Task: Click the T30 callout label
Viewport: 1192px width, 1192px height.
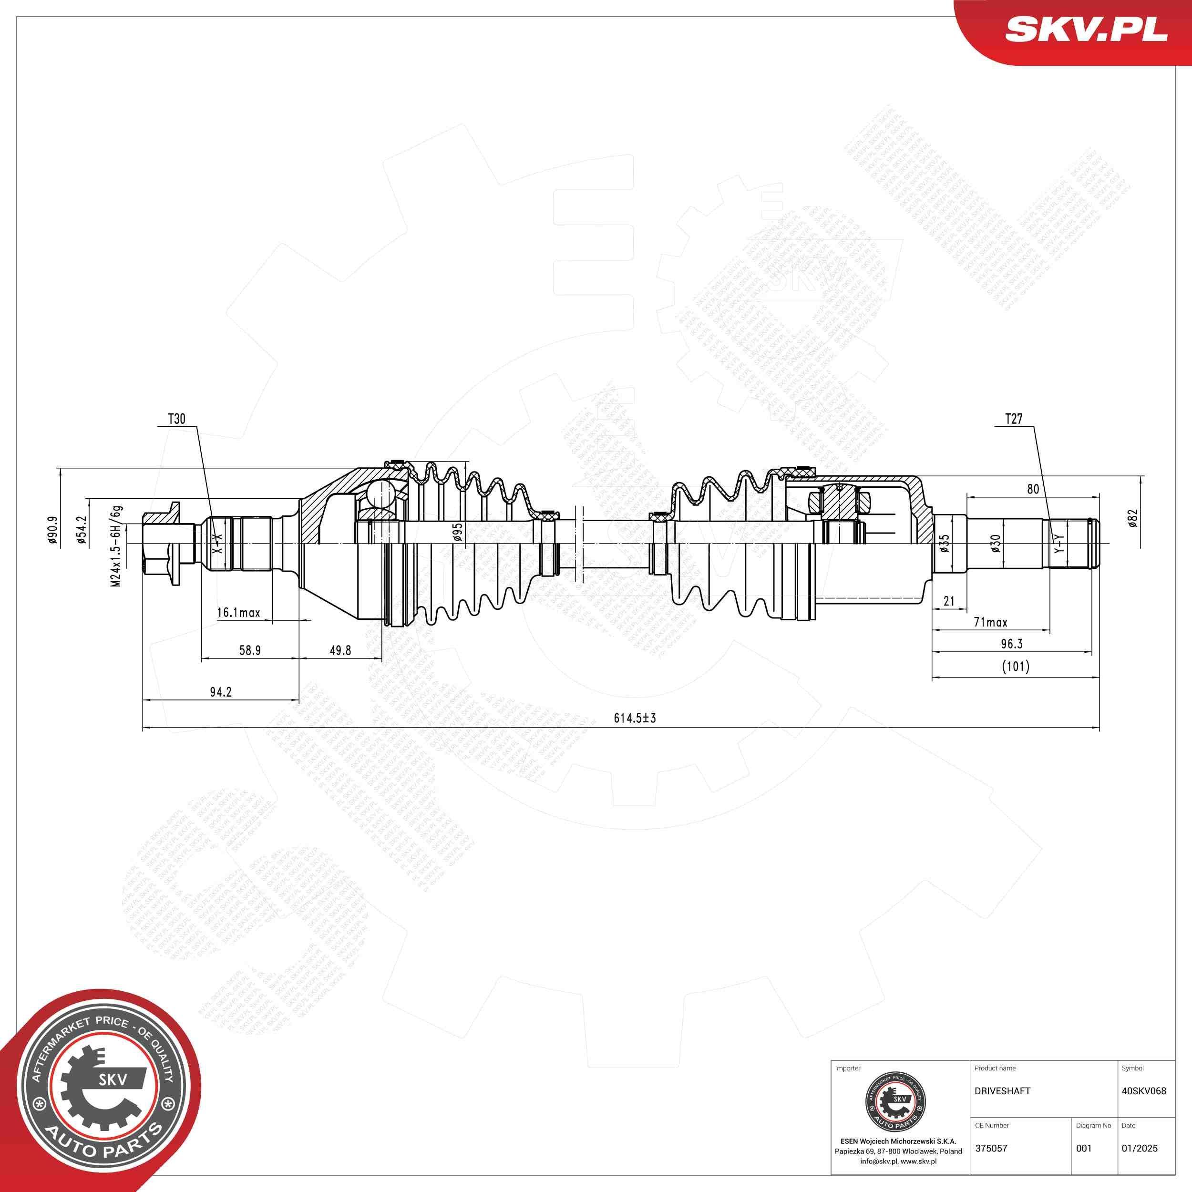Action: point(176,420)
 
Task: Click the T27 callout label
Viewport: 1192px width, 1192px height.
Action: point(1014,419)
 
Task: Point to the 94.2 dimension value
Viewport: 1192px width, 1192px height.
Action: point(220,692)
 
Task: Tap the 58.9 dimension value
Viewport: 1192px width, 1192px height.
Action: point(249,650)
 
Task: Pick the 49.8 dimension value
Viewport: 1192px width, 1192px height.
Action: point(340,650)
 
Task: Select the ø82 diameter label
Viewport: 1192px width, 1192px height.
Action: point(1132,518)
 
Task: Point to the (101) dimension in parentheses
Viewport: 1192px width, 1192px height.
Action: point(1015,667)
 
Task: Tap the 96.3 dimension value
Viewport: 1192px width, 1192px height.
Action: point(1012,644)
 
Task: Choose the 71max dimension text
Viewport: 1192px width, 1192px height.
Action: point(990,623)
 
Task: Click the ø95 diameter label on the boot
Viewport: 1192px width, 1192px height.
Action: point(457,532)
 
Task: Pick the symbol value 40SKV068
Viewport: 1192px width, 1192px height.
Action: point(1144,1091)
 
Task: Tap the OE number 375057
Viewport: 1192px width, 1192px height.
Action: point(991,1148)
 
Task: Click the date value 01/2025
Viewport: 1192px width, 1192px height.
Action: point(1140,1148)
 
